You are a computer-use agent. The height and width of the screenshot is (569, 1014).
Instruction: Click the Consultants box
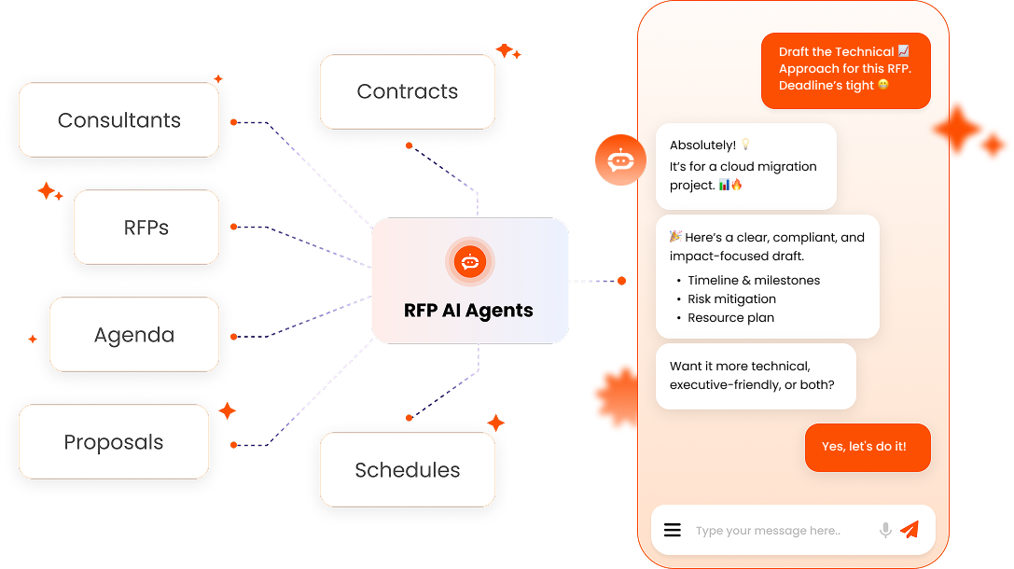click(x=118, y=120)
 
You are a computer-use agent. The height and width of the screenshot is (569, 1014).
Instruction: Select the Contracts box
click(x=407, y=91)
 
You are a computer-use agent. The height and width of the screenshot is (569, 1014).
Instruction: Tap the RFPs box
click(x=146, y=228)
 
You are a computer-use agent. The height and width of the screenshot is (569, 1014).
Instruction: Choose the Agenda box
click(x=133, y=335)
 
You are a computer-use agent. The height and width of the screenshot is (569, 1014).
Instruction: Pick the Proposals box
click(x=113, y=442)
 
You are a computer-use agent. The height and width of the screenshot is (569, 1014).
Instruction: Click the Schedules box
click(x=407, y=470)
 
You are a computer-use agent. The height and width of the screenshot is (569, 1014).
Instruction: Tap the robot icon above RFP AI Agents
click(x=470, y=262)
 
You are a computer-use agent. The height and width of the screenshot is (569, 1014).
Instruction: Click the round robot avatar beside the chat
click(x=620, y=160)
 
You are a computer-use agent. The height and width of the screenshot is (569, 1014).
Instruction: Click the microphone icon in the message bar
click(x=885, y=530)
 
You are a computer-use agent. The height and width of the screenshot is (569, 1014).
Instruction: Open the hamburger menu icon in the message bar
click(x=673, y=530)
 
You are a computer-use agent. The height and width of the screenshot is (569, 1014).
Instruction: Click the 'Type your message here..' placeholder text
click(x=767, y=531)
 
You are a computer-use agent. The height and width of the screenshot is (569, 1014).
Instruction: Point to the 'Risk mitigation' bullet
click(x=731, y=299)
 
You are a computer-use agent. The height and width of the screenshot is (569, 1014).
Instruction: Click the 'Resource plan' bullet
click(x=730, y=318)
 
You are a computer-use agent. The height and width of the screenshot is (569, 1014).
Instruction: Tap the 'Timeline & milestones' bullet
click(x=754, y=281)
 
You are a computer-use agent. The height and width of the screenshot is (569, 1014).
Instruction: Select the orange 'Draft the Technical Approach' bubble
click(x=845, y=69)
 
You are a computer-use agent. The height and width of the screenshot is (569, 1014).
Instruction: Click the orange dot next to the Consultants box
click(x=233, y=122)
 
